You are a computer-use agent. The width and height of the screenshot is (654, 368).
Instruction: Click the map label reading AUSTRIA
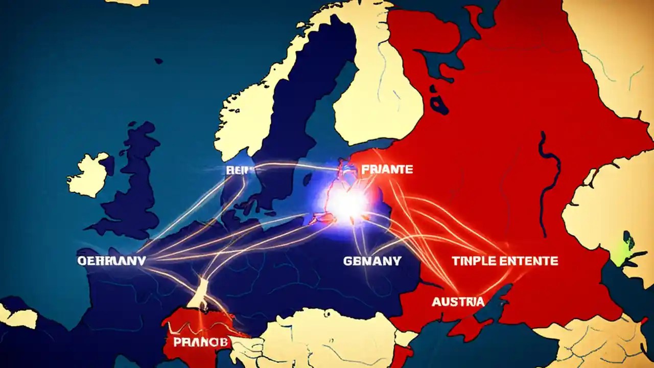coord(458,302)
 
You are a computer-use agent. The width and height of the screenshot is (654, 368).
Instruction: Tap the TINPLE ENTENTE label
coord(505,261)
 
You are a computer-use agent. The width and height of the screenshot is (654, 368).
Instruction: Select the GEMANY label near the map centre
coord(372,261)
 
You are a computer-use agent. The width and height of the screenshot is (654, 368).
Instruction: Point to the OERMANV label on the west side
coord(111,261)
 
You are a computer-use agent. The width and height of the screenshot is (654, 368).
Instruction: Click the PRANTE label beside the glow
coord(387,169)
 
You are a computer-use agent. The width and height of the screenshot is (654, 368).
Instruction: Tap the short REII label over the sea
coord(236,170)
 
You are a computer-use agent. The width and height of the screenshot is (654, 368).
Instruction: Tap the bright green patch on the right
coord(627,247)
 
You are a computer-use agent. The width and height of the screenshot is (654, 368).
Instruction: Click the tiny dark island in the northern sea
coord(158,61)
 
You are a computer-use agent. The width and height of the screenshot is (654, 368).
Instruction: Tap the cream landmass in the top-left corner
coord(128,2)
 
